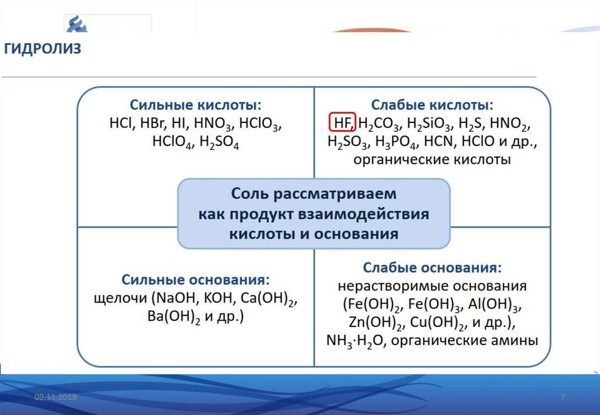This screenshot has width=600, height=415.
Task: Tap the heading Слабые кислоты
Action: point(432,106)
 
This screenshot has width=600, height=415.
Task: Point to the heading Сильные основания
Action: point(196,279)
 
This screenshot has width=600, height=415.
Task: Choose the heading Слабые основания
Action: point(432,268)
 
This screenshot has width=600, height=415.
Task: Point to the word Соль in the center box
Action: point(251,193)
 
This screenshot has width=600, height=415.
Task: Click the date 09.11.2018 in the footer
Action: point(56,398)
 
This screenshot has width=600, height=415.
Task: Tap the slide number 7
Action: point(563,398)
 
